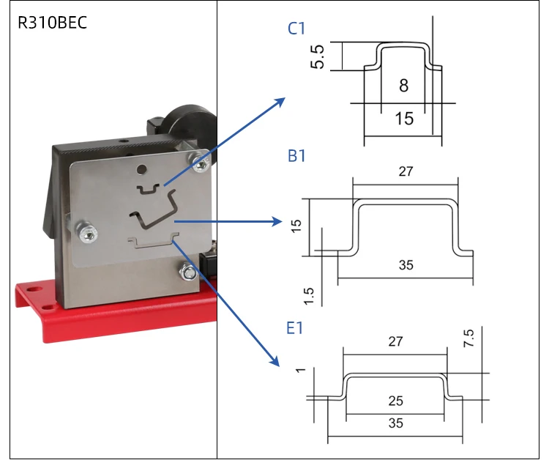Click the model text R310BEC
click(52, 23)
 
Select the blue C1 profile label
click(296, 29)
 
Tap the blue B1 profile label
click(296, 156)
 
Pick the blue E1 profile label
click(295, 328)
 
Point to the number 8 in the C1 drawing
click(404, 86)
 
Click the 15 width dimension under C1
click(404, 117)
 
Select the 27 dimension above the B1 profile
click(406, 171)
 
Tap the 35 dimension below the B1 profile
click(406, 265)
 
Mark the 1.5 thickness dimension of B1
click(308, 294)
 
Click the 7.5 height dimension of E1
click(468, 338)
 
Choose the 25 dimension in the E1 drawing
click(395, 401)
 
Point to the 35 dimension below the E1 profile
click(395, 423)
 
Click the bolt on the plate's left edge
click(85, 232)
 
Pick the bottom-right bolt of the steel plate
click(187, 273)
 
